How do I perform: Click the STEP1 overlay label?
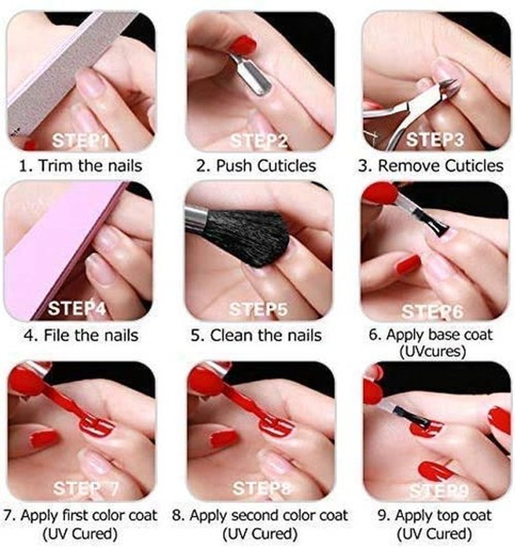click(x=80, y=140)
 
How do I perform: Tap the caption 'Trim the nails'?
click(x=90, y=165)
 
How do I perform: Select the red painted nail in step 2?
click(x=243, y=44)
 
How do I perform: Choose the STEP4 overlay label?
click(x=77, y=308)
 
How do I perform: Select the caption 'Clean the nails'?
click(x=266, y=335)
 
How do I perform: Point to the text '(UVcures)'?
click(x=433, y=351)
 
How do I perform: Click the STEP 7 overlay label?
click(x=86, y=488)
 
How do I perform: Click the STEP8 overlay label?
click(x=261, y=488)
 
